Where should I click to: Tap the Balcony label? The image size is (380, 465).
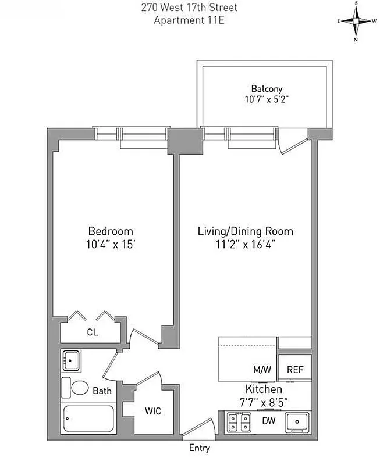pyautogui.click(x=267, y=89)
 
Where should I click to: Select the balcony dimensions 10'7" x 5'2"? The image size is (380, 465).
pyautogui.click(x=267, y=99)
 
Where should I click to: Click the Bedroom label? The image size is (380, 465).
pyautogui.click(x=111, y=231)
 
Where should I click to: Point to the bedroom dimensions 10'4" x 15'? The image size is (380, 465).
pyautogui.click(x=111, y=244)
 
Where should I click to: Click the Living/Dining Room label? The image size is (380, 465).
pyautogui.click(x=245, y=231)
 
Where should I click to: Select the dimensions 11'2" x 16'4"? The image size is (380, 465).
pyautogui.click(x=245, y=244)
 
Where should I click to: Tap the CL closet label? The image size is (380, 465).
pyautogui.click(x=91, y=333)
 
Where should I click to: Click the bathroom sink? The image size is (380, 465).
pyautogui.click(x=71, y=360)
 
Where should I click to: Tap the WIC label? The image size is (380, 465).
pyautogui.click(x=152, y=411)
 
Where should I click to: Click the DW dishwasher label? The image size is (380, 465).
pyautogui.click(x=269, y=420)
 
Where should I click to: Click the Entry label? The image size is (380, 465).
pyautogui.click(x=200, y=448)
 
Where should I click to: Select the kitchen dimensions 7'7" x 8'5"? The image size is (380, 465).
pyautogui.click(x=264, y=400)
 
